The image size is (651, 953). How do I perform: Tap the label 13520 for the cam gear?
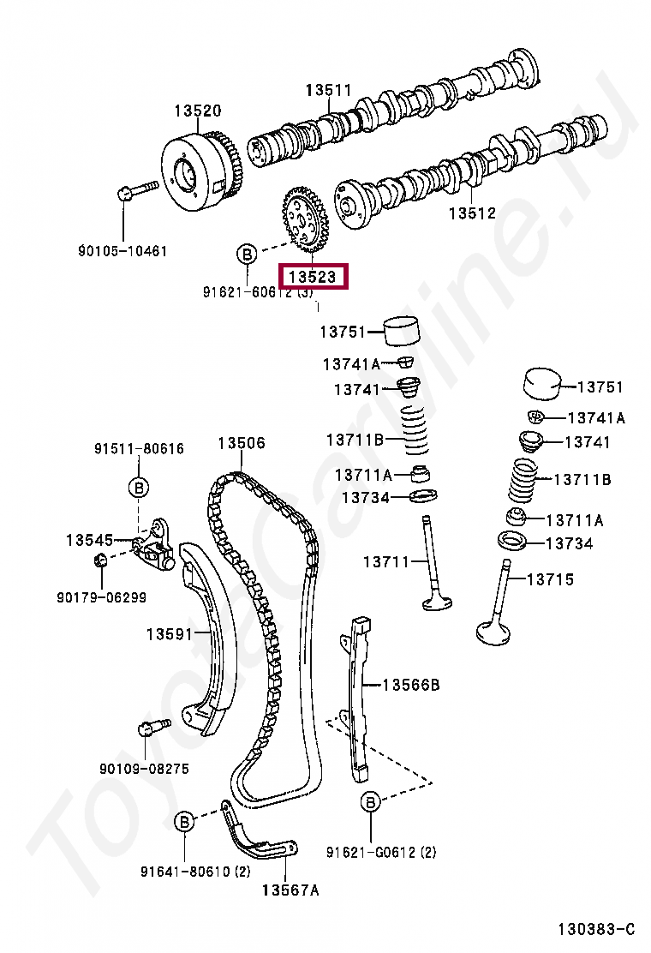tap(197, 111)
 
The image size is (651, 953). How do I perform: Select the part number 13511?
tap(330, 90)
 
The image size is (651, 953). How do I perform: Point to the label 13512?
tap(472, 213)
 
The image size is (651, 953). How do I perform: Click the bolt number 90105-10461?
tap(122, 251)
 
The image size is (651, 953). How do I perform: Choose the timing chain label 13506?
tap(241, 443)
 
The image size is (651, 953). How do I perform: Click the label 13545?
tap(89, 540)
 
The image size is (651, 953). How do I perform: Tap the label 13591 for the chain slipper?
tap(169, 634)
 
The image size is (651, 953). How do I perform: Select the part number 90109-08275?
tap(144, 769)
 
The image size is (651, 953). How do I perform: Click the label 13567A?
tap(290, 890)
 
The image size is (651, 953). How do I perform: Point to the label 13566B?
tap(410, 685)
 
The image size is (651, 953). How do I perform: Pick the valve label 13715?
tap(549, 579)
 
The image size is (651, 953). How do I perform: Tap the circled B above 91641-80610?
tap(185, 822)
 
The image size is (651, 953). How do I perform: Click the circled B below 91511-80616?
tap(139, 488)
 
